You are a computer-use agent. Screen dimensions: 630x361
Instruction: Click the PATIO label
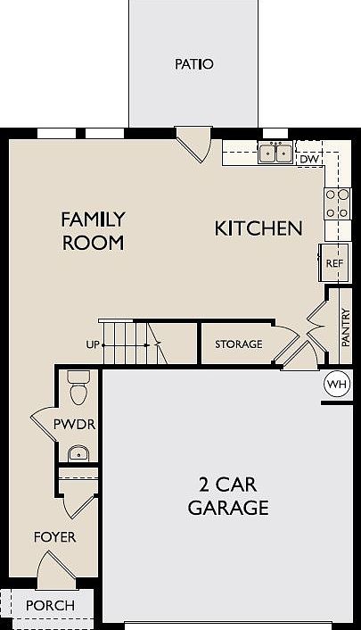pos(194,64)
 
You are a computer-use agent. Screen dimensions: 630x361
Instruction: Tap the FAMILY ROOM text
pos(93,230)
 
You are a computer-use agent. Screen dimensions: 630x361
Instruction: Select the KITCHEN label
pos(258,228)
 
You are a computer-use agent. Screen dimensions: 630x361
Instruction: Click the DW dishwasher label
pos(308,159)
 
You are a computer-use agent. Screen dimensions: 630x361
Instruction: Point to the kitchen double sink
pos(275,153)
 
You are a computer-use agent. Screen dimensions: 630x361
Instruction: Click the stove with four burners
pos(337,203)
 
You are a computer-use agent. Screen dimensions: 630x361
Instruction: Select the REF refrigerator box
pos(333,263)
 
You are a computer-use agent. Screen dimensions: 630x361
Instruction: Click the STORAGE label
pos(238,344)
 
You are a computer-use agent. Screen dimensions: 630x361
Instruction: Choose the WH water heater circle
pos(337,384)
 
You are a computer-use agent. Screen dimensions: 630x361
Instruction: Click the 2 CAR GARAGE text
pos(227,497)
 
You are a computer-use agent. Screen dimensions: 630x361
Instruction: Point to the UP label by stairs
pos(90,344)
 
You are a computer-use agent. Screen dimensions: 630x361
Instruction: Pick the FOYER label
pos(55,537)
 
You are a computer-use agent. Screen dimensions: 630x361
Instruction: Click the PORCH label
pos(49,605)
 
